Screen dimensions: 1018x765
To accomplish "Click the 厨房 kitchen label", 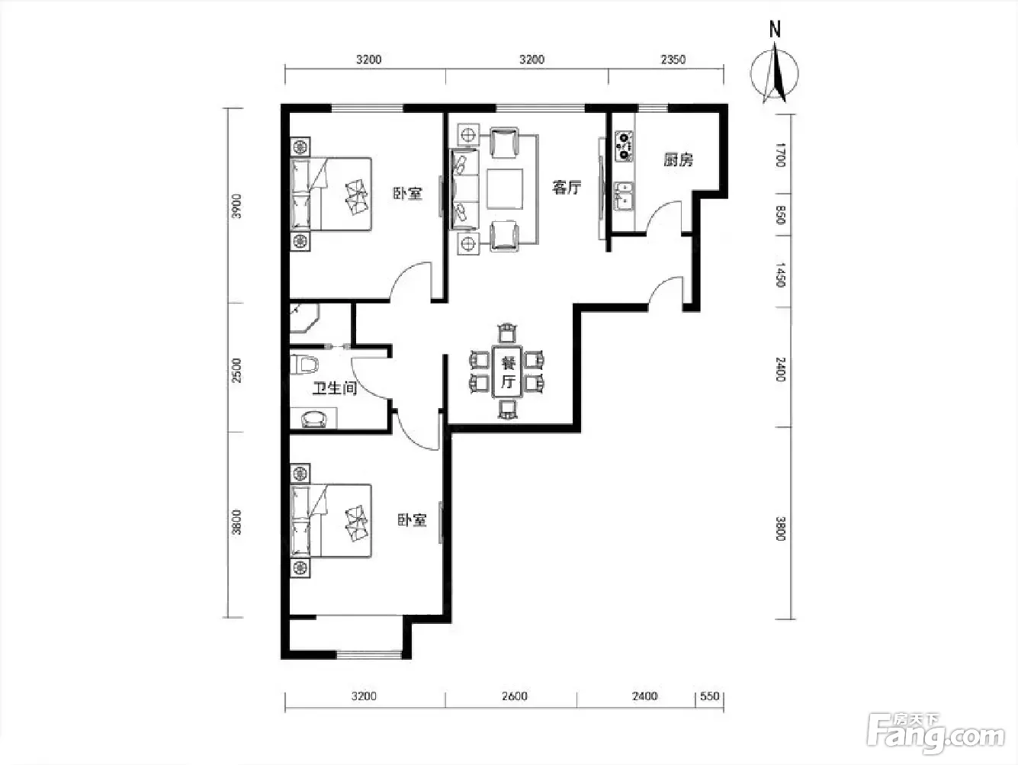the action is pos(678,160).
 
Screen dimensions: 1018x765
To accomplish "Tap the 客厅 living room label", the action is pos(567,188).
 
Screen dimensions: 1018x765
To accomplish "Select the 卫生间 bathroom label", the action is pos(335,387).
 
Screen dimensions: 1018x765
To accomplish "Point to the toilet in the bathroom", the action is pos(303,364).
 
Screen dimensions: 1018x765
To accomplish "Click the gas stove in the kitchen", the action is pos(624,146).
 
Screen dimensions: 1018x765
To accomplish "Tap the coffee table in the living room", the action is pos(505,188).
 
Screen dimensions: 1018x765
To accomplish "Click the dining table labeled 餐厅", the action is pos(507,371).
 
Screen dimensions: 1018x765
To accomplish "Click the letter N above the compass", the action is pos(775,29).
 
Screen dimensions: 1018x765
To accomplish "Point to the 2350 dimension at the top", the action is pos(673,59).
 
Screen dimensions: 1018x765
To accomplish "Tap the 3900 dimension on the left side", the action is pos(236,206).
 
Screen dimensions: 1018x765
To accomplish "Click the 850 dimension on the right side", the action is pos(780,215).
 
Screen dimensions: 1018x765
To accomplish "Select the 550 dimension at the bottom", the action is pos(710,696).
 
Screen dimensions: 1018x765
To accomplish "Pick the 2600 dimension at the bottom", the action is pos(514,696).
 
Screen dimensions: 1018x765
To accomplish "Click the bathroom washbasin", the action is pos(314,419).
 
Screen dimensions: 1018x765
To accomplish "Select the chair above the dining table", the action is pos(507,333).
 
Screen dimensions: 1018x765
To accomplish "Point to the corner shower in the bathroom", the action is pos(304,318).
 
